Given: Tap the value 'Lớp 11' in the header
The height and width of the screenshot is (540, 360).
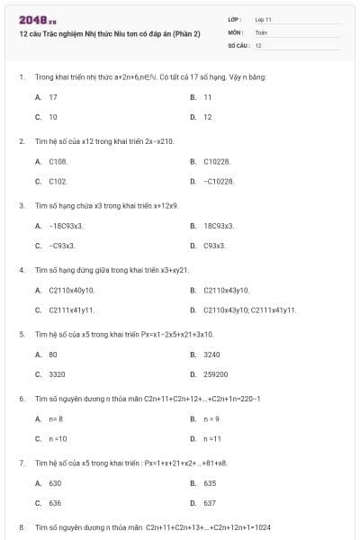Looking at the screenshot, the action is pos(264,19).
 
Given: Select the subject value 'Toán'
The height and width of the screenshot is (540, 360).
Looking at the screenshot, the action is pos(261,31).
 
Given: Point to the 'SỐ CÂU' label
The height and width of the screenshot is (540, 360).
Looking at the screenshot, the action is pos(237,44).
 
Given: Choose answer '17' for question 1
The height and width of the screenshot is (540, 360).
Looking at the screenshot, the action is pos(53,96).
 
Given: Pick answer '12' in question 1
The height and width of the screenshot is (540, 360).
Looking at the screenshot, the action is pos(208,117).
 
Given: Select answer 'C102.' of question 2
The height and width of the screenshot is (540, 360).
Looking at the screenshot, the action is pos(58,181).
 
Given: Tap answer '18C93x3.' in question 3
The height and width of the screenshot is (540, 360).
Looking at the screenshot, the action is pos(219,225).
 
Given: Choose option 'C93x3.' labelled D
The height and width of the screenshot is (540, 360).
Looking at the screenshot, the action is pos(214,245).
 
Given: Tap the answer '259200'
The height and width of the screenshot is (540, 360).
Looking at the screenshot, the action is pos(216,374).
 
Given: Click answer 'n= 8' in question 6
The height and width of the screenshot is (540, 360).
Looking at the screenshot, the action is pos(56,418).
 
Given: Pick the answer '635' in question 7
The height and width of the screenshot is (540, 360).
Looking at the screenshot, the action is pos(210,483).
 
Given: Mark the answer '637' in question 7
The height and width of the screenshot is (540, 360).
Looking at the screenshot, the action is pos(210,503).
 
